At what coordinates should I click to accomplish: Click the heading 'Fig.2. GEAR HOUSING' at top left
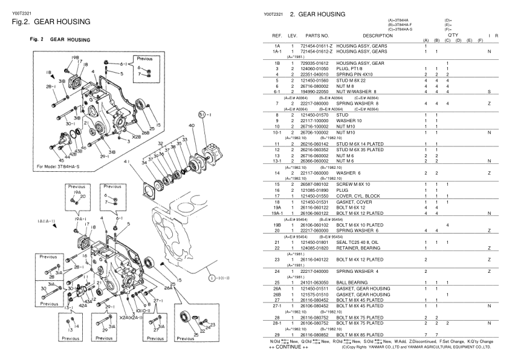pos(51,22)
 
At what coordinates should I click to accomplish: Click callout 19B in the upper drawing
pos(76,57)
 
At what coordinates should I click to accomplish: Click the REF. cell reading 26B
pos(277,294)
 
